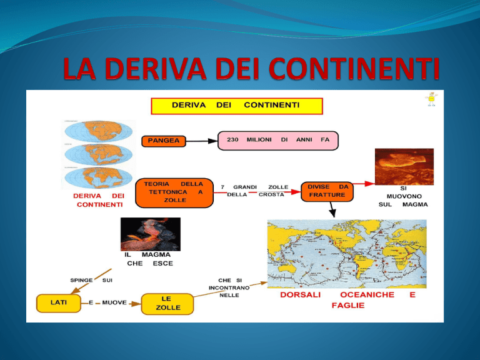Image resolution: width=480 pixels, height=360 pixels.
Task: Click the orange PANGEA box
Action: click(x=164, y=141)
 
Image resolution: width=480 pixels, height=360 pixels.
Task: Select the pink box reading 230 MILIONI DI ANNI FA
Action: click(x=278, y=141)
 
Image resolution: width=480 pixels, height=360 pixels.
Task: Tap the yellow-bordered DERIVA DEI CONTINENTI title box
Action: click(x=237, y=105)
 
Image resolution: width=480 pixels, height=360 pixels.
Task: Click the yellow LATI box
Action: click(x=59, y=303)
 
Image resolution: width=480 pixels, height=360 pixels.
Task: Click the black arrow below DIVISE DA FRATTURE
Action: click(x=332, y=210)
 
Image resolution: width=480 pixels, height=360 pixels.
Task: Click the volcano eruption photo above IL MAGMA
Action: click(x=151, y=234)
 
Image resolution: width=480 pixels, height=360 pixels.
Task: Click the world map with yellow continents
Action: click(x=346, y=253)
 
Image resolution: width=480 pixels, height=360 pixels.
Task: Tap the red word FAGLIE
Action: click(x=348, y=306)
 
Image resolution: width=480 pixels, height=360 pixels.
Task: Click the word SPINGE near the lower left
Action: click(x=82, y=280)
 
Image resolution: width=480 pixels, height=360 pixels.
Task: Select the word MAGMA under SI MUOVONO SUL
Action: click(x=416, y=204)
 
